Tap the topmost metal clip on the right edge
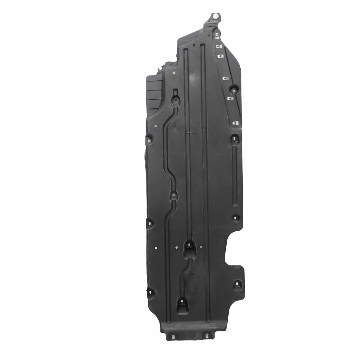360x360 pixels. click(x=217, y=35)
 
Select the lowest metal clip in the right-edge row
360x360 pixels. click(x=236, y=123)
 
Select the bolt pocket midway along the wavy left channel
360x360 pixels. click(x=174, y=195)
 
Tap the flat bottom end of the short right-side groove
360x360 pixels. click(x=235, y=204)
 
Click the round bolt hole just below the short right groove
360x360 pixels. click(x=236, y=218)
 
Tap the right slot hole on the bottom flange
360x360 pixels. click(x=206, y=335)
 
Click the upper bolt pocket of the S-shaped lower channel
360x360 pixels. click(x=189, y=246)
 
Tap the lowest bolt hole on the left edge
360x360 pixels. click(x=150, y=292)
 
